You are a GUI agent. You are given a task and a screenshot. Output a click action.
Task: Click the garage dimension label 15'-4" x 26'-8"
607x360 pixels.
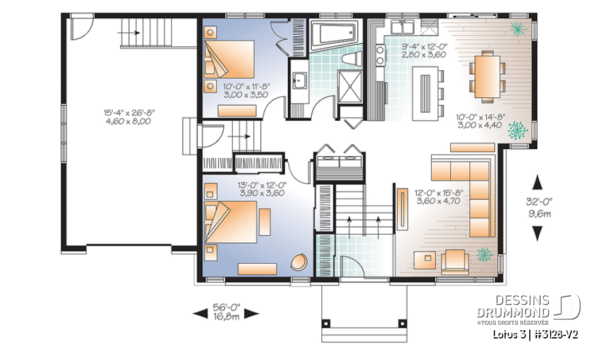tap(129, 112)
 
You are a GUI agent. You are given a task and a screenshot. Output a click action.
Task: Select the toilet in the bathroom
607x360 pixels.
tap(347, 59)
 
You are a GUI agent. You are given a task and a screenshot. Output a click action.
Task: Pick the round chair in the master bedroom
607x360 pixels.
tap(298, 262)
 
